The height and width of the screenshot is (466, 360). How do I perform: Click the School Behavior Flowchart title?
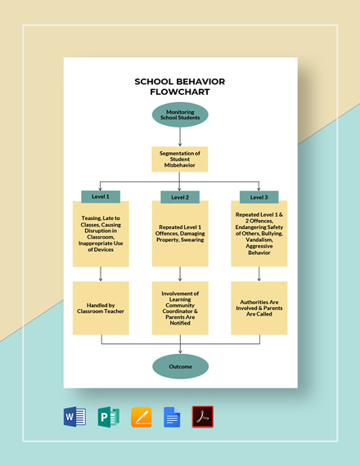180,87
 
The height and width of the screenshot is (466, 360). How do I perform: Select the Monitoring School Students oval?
180,115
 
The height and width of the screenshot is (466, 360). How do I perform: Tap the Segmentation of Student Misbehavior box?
180,159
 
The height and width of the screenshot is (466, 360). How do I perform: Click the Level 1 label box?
101,196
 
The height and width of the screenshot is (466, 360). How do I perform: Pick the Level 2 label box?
180,197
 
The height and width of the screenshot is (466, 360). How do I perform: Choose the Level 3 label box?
259,196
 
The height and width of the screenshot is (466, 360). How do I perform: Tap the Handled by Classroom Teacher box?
101,307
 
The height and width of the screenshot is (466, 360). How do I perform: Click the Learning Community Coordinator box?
180,307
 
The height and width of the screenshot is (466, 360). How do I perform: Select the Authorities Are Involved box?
259,307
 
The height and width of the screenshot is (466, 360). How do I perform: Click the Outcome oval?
180,366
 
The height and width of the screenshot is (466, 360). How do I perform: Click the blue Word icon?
74,418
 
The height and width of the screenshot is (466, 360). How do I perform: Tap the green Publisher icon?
108,418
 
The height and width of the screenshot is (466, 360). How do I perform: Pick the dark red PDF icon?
202,418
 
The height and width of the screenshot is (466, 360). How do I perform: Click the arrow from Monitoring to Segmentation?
180,137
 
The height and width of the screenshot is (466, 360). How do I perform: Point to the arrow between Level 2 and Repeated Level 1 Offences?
180,207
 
